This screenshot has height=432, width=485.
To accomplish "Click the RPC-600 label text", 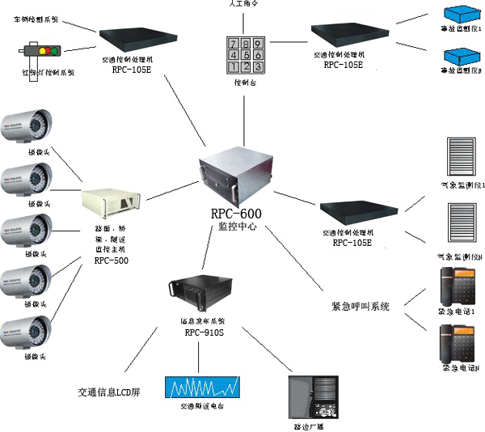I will [x=236, y=214].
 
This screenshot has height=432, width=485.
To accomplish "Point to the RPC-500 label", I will [x=111, y=260].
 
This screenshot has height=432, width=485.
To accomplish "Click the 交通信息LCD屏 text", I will [x=109, y=392].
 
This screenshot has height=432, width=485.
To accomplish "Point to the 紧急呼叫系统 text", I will [x=361, y=307].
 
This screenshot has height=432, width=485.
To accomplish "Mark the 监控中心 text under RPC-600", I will [x=236, y=228].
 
